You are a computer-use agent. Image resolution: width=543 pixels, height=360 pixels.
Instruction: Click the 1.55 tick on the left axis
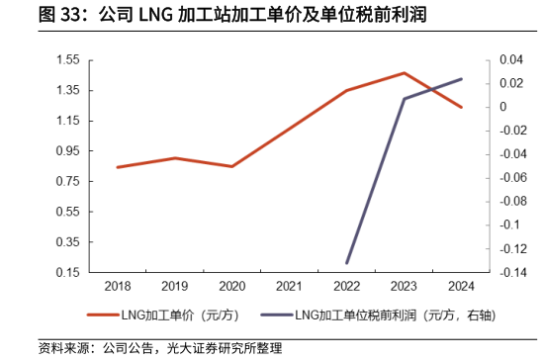pos(68,60)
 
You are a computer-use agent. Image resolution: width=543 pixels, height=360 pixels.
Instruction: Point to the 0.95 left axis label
pos(68,151)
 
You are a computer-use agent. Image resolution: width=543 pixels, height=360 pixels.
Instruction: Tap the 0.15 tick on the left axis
pos(68,273)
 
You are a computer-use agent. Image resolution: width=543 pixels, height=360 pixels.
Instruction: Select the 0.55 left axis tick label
pos(68,212)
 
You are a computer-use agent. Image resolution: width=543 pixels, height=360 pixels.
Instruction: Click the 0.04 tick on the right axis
pos(508,60)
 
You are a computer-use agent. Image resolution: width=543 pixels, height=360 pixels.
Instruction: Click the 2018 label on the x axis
pos(117,286)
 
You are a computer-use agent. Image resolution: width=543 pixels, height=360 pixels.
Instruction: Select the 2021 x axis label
pos(289,286)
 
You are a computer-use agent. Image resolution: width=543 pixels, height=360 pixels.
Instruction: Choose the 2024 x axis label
pos(461,286)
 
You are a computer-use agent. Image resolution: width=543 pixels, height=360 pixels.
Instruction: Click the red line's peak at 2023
pos(404,73)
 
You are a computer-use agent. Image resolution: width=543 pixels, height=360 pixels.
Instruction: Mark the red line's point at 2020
pos(231,166)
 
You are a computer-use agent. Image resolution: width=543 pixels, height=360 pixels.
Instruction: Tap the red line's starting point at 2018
pos(117,167)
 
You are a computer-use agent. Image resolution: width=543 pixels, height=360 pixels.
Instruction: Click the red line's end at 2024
pos(461,107)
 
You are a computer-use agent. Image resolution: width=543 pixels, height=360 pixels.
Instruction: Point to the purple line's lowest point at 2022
pos(346,263)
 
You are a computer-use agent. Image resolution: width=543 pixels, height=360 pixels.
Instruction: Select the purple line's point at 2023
pos(404,99)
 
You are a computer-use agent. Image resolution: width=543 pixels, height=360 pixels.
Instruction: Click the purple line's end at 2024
pos(461,79)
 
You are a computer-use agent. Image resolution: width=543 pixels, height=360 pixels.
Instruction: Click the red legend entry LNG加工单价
pos(158,316)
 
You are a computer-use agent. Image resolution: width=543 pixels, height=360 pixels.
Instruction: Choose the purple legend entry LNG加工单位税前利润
pos(386,316)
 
